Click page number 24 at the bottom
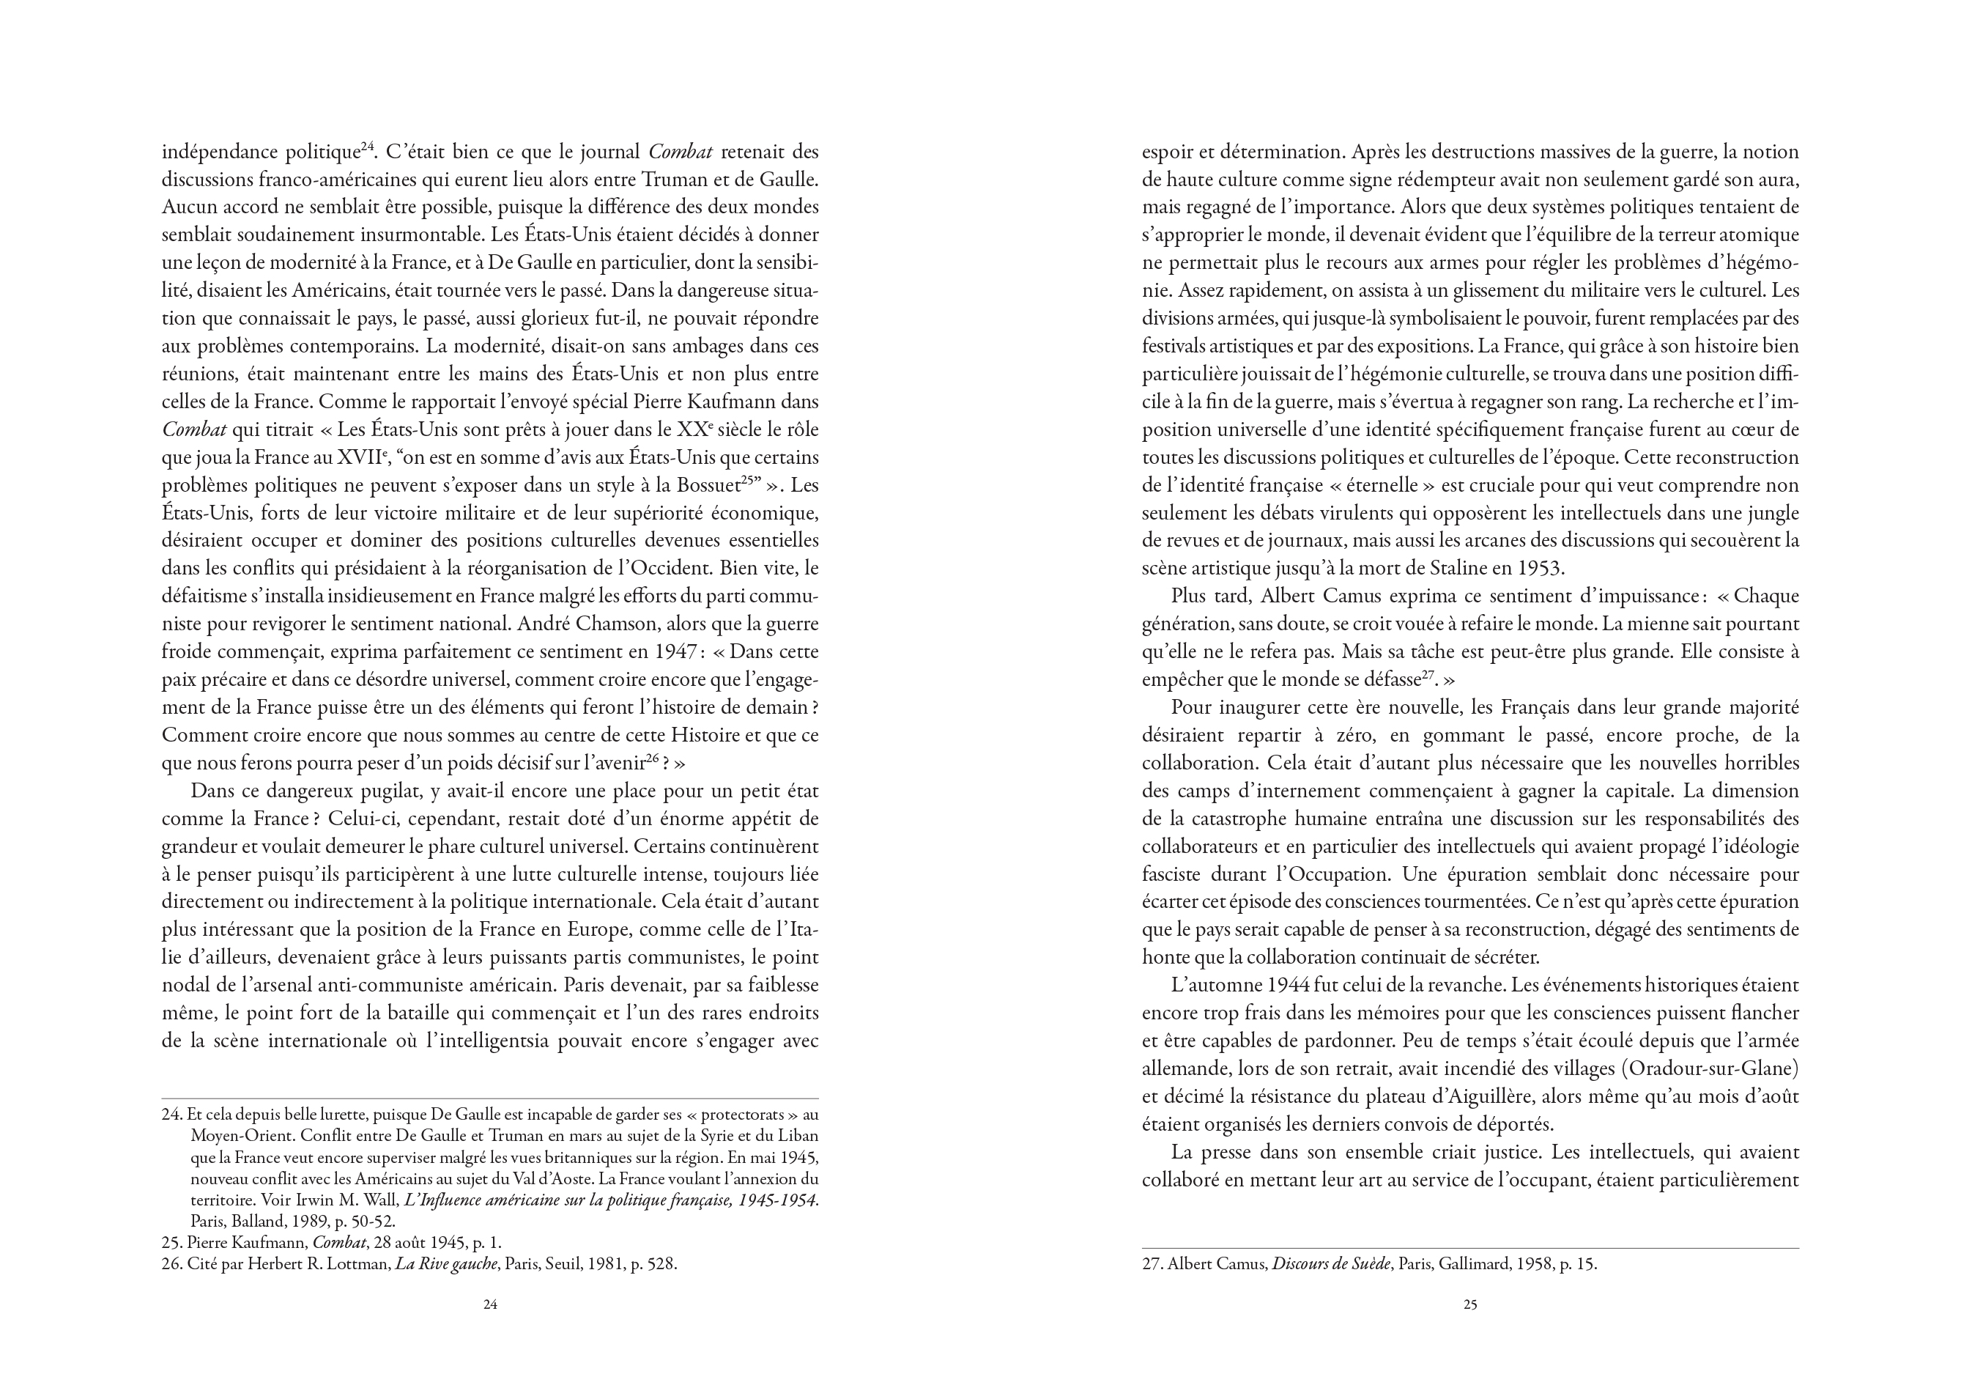tap(490, 1304)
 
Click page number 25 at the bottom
tap(1470, 1304)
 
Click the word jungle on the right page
tap(1772, 513)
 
